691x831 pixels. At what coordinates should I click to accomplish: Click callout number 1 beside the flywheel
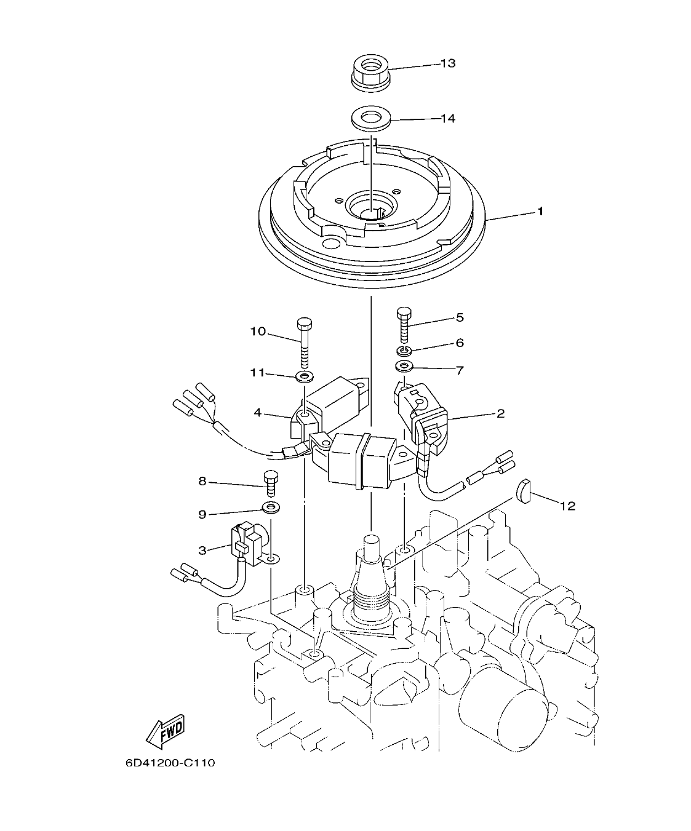tap(540, 212)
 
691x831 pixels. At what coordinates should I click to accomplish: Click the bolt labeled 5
tap(404, 325)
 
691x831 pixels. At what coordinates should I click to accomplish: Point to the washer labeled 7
tap(404, 367)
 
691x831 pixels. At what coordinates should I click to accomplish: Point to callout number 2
tap(500, 413)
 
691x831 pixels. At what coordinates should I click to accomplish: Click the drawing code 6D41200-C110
tap(170, 763)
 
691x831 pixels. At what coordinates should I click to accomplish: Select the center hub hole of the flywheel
tap(369, 208)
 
